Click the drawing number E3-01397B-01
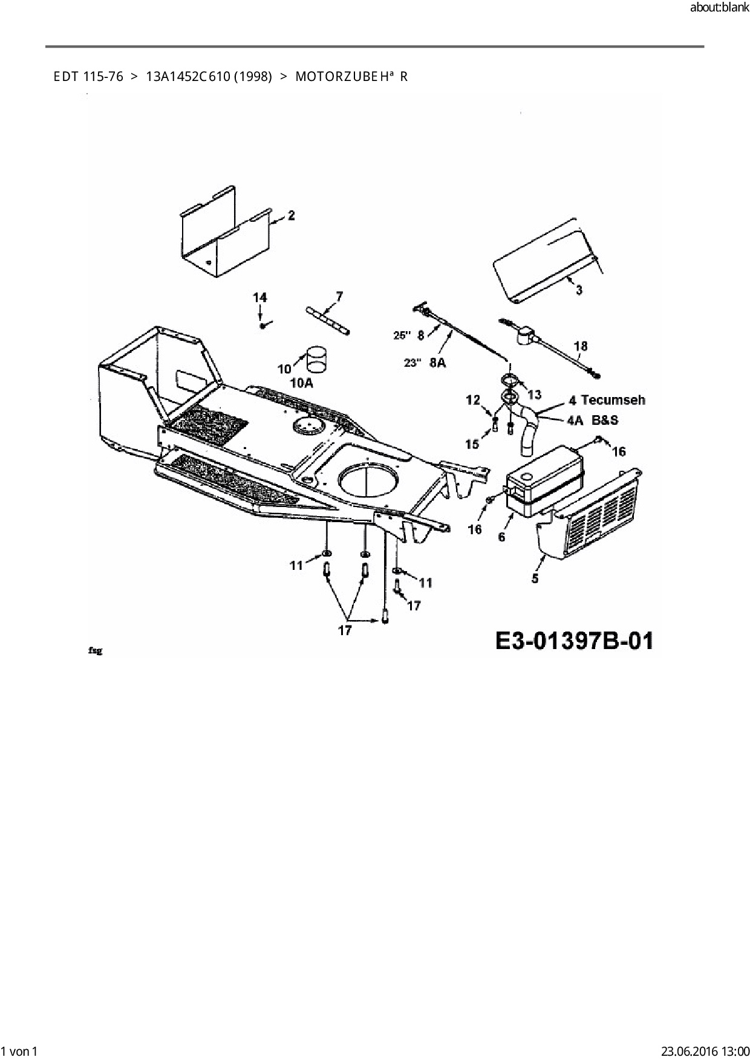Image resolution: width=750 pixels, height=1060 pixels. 574,640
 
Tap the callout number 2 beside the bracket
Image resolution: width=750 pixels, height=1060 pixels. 292,215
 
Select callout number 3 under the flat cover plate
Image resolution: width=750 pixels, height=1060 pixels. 579,290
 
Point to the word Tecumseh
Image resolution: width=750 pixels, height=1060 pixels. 613,400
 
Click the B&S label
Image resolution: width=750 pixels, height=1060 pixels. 605,419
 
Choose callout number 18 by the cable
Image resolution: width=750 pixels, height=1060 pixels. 580,346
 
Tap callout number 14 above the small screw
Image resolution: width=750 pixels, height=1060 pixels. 259,297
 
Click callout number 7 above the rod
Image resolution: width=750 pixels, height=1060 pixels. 339,296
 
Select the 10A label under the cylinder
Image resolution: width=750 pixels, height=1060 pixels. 302,383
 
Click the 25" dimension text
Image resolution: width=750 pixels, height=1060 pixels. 402,335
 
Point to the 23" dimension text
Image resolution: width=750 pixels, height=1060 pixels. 412,363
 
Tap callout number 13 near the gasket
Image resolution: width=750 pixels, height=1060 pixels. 534,395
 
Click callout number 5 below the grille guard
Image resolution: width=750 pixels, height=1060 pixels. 535,578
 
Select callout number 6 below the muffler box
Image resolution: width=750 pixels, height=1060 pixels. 501,536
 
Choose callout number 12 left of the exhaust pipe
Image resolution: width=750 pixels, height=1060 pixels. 472,399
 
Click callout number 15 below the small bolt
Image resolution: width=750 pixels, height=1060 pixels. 472,444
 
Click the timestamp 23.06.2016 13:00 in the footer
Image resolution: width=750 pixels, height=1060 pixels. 704,1051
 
